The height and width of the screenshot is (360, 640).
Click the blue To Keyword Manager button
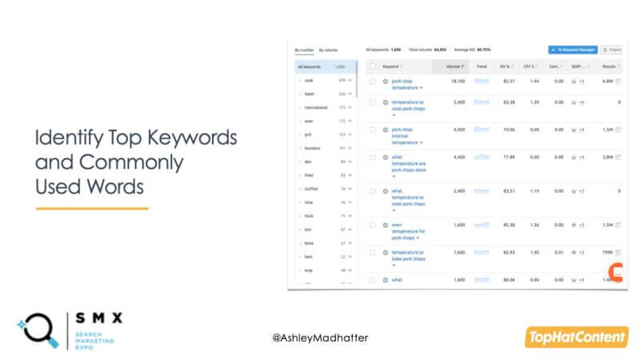(571, 50)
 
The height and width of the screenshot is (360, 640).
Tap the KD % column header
(506, 66)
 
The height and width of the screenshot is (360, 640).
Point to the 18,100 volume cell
(456, 81)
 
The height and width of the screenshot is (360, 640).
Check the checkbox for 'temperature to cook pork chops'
(372, 102)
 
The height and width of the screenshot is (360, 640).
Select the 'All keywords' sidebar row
(321, 66)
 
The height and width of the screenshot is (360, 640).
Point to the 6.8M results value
(608, 81)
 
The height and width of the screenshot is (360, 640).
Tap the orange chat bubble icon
(615, 272)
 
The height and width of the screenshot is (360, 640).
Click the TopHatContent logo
(576, 338)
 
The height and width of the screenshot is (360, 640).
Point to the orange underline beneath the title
(92, 208)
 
